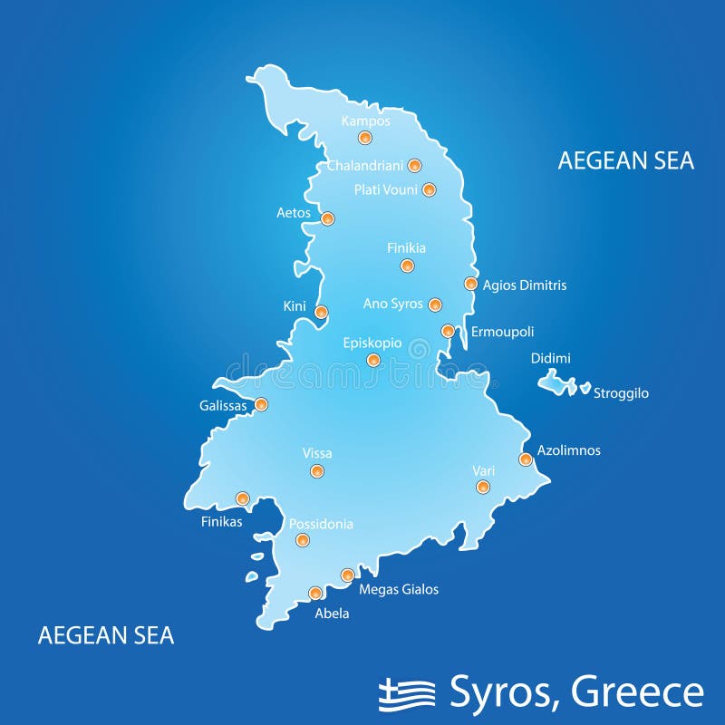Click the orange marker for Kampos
[x=364, y=138]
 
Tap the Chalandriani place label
[x=365, y=165]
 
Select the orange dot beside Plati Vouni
[x=429, y=189]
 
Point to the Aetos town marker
[x=327, y=218]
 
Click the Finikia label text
[x=406, y=247]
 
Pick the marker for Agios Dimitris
[x=470, y=284]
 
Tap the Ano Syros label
[x=392, y=304]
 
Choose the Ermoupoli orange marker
[x=448, y=331]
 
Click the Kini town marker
[x=321, y=312]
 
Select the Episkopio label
[x=372, y=343]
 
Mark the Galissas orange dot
[x=261, y=404]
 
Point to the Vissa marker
[x=316, y=470]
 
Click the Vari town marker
[x=483, y=487]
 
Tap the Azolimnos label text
[x=568, y=450]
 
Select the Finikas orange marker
[x=242, y=498]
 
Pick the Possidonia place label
[x=321, y=524]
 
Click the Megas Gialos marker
[x=347, y=575]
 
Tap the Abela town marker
[x=315, y=593]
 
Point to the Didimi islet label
[x=550, y=359]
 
